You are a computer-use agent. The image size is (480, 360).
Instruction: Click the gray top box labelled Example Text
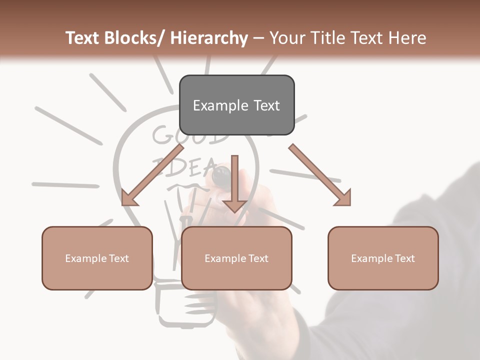(236, 105)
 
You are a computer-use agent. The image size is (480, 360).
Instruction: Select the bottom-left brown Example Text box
(97, 258)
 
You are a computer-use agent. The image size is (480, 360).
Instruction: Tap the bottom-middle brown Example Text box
(236, 258)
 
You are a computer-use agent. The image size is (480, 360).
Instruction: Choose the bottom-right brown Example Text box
(383, 258)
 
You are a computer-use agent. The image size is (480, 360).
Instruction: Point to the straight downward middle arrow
(234, 183)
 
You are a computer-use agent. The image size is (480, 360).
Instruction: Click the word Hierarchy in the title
(209, 38)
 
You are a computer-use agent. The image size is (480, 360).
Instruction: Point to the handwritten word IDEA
(185, 166)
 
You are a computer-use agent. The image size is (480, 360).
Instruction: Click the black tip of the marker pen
(220, 175)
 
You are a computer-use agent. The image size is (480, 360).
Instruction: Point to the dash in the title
(259, 38)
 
